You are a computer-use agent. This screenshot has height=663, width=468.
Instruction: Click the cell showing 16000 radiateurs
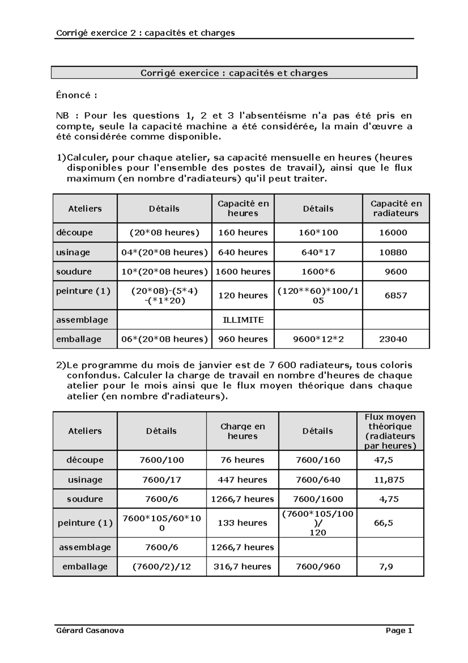(395, 233)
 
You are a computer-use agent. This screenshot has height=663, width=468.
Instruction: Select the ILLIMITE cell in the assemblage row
(243, 320)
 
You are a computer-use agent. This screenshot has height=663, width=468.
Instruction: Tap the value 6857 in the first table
(395, 296)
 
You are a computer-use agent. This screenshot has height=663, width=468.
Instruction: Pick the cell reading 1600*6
(318, 271)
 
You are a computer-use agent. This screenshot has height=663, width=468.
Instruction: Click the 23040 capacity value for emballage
(395, 339)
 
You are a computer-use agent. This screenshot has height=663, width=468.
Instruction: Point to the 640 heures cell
(243, 252)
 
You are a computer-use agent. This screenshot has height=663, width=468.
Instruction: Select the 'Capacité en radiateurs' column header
(395, 209)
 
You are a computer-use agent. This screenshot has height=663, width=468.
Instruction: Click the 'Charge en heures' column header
(242, 431)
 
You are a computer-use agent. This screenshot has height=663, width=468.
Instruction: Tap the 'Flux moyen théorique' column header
(390, 431)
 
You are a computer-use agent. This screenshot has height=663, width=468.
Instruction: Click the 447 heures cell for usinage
(242, 479)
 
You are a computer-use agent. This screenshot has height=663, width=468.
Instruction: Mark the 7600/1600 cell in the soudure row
(317, 499)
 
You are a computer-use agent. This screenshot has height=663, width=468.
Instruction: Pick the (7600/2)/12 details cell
(161, 567)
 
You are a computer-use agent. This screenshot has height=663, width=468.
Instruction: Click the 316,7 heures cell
(242, 567)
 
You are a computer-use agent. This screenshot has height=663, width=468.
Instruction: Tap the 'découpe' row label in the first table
(74, 233)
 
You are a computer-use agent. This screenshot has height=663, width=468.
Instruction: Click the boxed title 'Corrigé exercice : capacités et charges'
(234, 73)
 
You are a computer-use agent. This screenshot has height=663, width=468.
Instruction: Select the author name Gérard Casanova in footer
(90, 630)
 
